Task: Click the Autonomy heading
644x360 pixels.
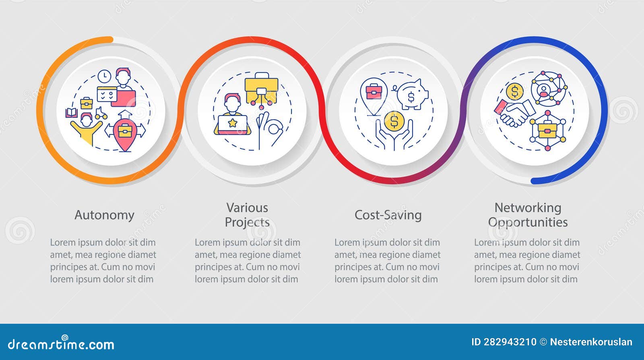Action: click(x=104, y=215)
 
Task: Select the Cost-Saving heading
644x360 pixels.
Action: click(x=388, y=215)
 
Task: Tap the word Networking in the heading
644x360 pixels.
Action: click(x=528, y=208)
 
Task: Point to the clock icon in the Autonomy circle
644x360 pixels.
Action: click(x=104, y=76)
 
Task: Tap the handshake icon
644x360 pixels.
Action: click(x=515, y=113)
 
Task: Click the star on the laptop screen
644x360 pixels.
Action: click(x=232, y=123)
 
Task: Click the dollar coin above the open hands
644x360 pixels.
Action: click(x=394, y=121)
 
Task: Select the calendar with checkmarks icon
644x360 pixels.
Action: click(x=107, y=94)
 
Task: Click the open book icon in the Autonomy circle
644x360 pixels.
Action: click(x=71, y=113)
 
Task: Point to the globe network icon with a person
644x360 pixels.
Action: click(x=549, y=89)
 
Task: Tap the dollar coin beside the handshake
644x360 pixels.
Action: click(x=515, y=92)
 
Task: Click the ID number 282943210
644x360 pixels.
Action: click(x=510, y=342)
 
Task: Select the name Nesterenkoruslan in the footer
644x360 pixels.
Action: click(x=591, y=342)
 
